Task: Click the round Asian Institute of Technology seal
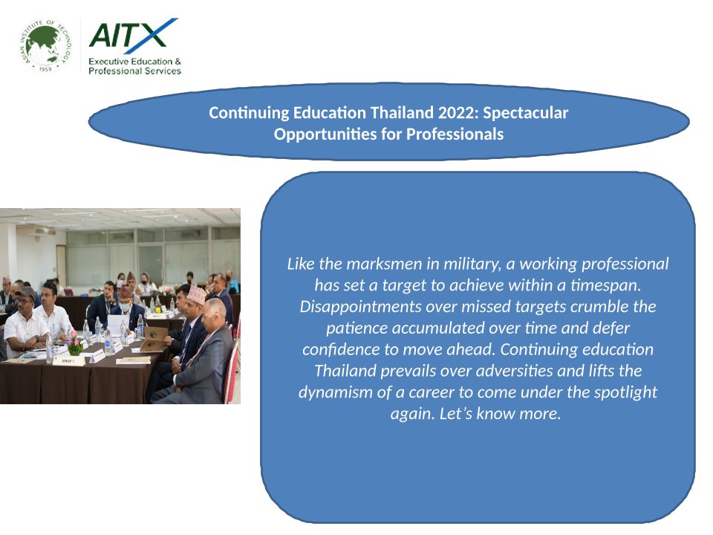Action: (45, 46)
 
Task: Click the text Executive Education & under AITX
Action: (134, 61)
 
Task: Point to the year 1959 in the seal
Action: (45, 69)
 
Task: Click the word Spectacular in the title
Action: (526, 113)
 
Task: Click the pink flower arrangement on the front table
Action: (75, 342)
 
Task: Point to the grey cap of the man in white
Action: (26, 291)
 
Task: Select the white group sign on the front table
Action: (68, 361)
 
